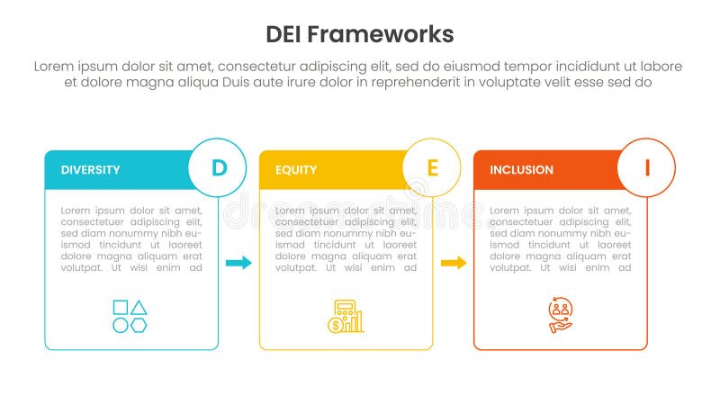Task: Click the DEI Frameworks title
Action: click(360, 34)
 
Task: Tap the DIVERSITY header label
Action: click(90, 169)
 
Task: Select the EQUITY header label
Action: click(296, 169)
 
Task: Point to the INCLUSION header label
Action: click(522, 169)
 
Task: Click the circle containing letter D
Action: click(219, 167)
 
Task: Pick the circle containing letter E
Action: click(433, 167)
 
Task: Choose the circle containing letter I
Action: click(647, 167)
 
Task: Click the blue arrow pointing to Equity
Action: click(238, 263)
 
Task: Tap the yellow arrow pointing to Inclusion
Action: click(454, 263)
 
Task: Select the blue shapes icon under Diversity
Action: click(130, 316)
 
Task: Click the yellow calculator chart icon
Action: click(346, 316)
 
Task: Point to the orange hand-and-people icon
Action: click(560, 316)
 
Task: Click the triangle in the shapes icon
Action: click(139, 307)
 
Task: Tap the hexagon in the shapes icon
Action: click(139, 324)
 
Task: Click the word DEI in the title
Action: click(285, 34)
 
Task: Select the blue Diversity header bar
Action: click(117, 170)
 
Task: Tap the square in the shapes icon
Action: click(121, 307)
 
